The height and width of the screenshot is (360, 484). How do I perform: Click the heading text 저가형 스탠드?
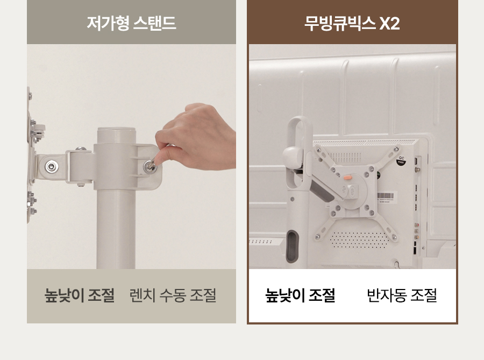pos(132,23)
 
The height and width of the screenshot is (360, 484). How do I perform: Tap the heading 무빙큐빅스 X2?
pos(352,23)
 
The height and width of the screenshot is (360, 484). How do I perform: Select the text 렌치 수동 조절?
pos(173,295)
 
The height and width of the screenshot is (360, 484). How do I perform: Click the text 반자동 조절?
pos(402,295)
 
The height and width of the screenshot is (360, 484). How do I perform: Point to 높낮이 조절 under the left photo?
pos(80,295)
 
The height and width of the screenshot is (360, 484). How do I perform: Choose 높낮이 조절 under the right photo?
pos(300,295)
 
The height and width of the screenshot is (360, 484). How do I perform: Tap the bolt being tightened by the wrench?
pos(151,167)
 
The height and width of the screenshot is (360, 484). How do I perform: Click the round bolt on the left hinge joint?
pos(52,167)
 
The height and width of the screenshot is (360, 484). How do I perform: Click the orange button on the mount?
pos(348,178)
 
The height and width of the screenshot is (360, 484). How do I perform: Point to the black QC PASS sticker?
pos(401,161)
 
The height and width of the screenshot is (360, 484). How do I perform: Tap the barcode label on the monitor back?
pos(385,196)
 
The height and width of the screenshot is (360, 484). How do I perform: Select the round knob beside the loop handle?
pos(292,157)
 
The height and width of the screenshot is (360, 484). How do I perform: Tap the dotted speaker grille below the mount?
pos(358,239)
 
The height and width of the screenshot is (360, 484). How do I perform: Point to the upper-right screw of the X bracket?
pos(395,150)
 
